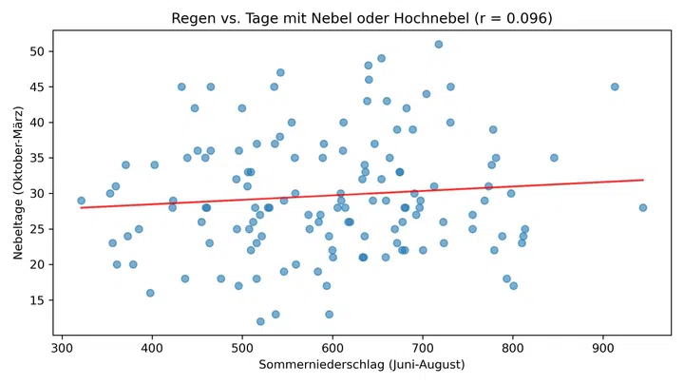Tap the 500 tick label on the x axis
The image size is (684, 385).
[242, 348]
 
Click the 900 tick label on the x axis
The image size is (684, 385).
[603, 348]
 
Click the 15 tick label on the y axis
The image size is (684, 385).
[37, 300]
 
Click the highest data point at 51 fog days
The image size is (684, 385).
[438, 45]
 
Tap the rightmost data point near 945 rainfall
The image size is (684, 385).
[643, 207]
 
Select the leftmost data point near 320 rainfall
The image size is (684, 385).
[81, 201]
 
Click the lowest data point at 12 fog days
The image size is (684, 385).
[260, 321]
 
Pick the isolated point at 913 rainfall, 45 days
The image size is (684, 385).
[615, 87]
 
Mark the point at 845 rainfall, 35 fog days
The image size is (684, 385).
[554, 158]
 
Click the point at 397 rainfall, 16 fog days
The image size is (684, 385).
[150, 293]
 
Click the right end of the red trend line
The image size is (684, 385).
[643, 180]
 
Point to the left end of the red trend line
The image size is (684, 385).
[81, 207]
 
